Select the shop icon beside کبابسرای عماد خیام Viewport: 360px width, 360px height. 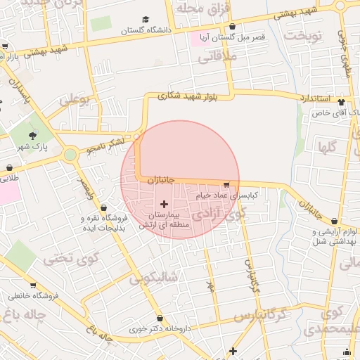(226, 185)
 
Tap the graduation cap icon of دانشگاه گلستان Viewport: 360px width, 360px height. (146, 20)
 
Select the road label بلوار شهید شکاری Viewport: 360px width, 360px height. (187, 96)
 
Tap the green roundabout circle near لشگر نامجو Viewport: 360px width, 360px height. (70, 154)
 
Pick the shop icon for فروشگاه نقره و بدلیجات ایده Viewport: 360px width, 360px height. (104, 207)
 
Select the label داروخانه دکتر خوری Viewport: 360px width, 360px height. (159, 328)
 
